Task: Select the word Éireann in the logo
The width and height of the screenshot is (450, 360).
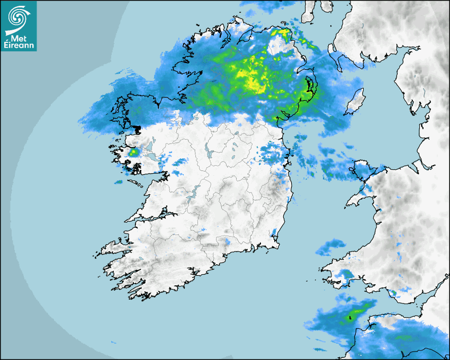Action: tap(19, 45)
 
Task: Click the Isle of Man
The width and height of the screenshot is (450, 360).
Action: tap(355, 101)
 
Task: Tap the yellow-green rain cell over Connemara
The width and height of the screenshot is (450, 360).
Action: tap(133, 152)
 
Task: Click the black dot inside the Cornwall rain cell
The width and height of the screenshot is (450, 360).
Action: tap(349, 318)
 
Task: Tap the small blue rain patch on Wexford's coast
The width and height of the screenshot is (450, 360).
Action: tap(274, 232)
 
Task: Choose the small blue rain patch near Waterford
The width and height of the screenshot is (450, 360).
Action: tap(228, 241)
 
